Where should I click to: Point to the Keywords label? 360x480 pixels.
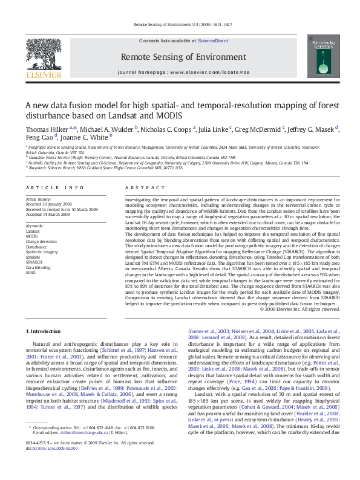35,225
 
